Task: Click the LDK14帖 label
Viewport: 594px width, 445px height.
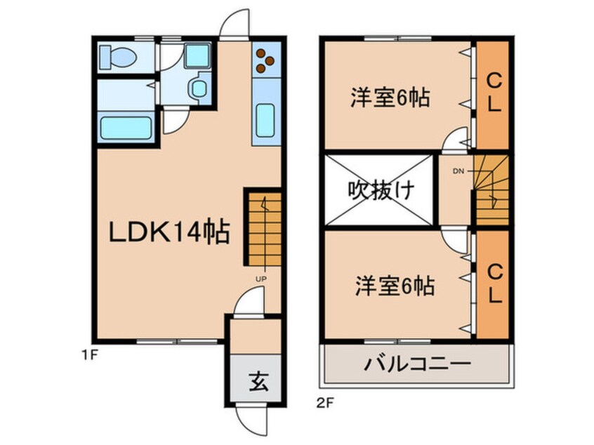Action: (x=169, y=232)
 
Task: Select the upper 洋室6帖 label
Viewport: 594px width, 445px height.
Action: (x=390, y=98)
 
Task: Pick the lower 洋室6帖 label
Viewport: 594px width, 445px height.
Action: (x=394, y=286)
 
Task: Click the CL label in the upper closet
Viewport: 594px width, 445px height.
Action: (x=493, y=95)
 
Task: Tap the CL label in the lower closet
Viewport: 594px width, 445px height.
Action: (x=494, y=283)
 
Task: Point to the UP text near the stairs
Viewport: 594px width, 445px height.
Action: (x=260, y=279)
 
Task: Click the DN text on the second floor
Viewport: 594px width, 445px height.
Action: (x=458, y=171)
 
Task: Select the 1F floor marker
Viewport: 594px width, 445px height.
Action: (x=87, y=355)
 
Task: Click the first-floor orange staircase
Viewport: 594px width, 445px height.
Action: (x=263, y=228)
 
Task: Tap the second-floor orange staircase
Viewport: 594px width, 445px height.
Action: (x=491, y=188)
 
